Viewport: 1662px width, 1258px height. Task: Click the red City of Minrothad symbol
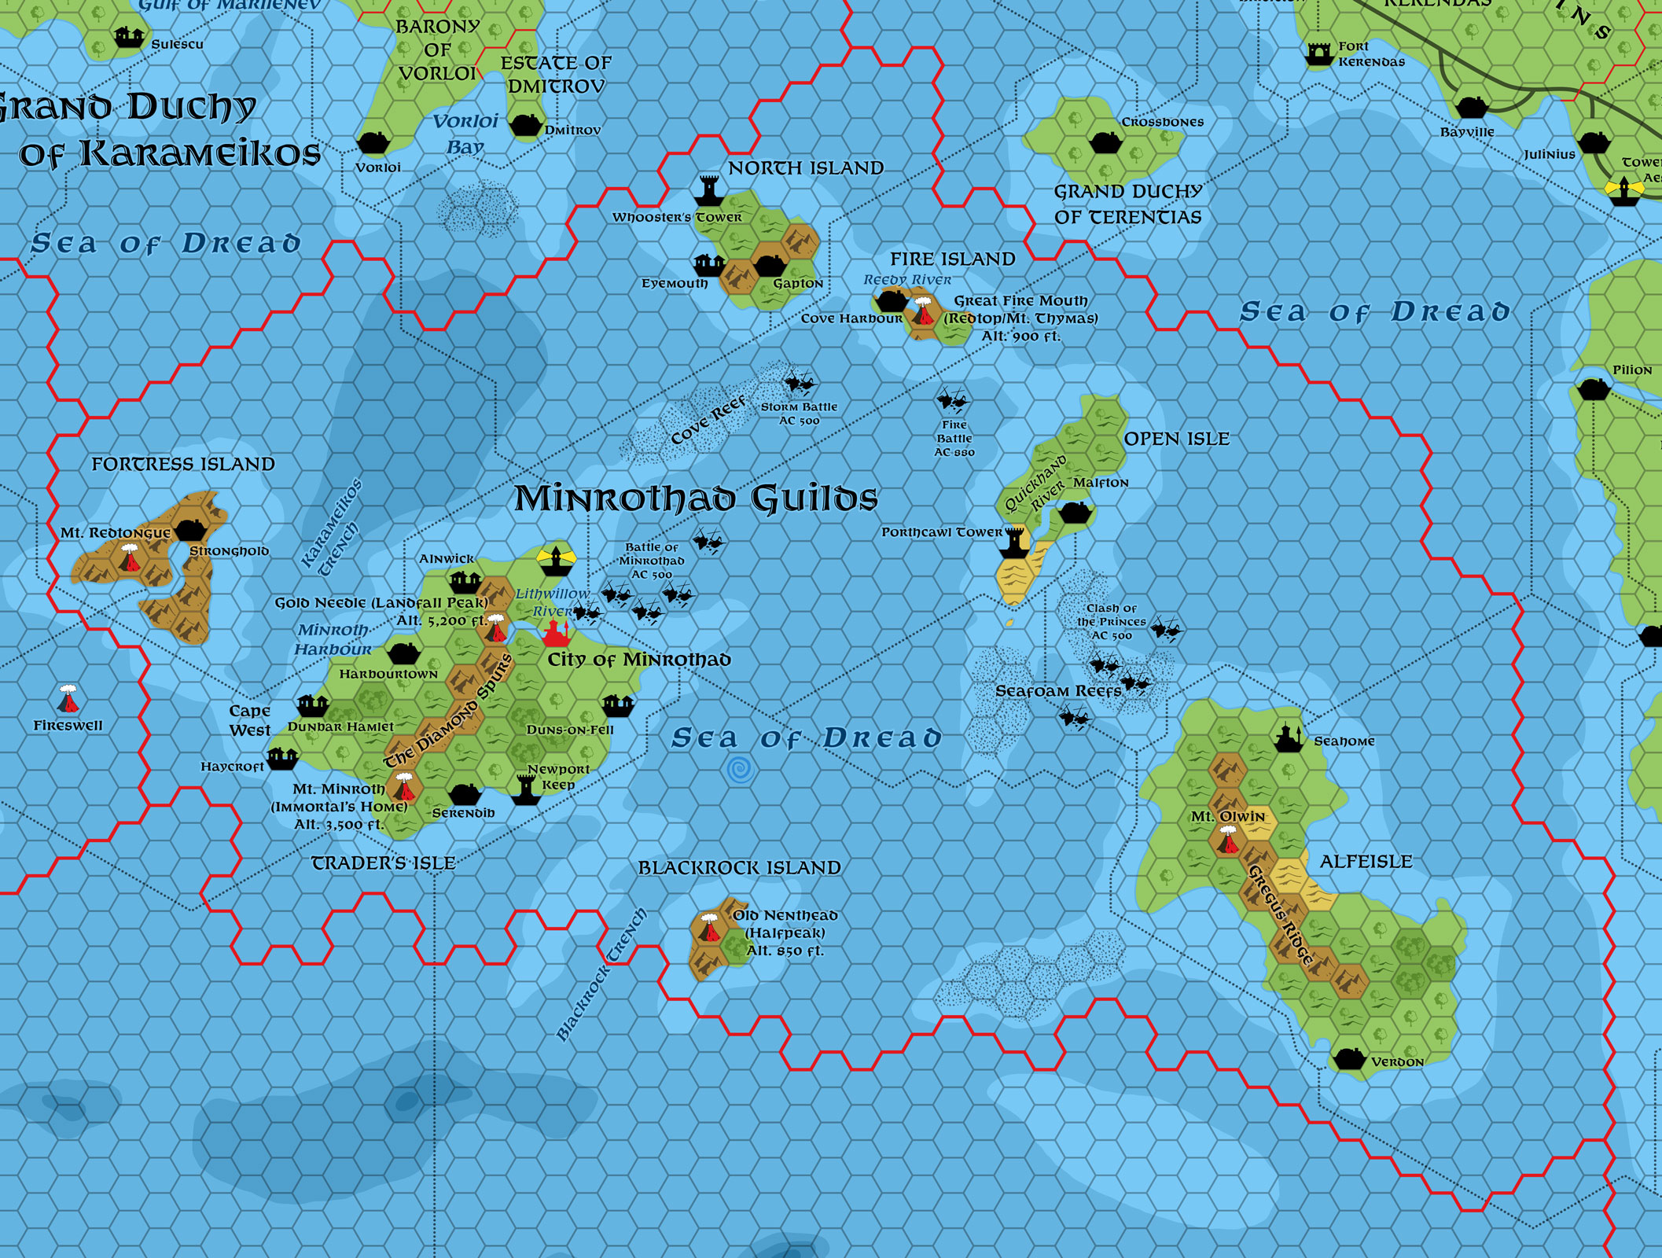[556, 631]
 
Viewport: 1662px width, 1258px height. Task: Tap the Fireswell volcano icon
[68, 699]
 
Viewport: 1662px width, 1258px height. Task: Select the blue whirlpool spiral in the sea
[740, 769]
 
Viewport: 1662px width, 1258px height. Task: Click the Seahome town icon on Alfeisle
[1285, 738]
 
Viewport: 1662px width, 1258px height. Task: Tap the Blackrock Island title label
[739, 868]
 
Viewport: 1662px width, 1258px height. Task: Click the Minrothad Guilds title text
[696, 498]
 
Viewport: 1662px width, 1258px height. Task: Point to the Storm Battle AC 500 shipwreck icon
[800, 384]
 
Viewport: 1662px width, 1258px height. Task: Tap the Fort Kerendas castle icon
[1318, 53]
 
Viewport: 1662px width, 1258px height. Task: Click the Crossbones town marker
[1105, 142]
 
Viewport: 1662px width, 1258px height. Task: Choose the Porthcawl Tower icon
[1015, 542]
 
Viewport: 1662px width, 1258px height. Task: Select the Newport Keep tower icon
[524, 789]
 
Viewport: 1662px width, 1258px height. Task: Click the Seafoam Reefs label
[1058, 691]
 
